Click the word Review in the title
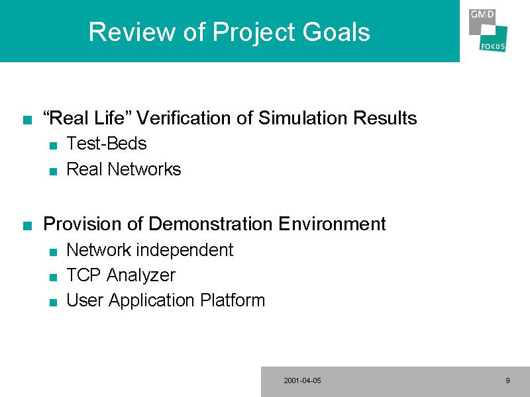click(132, 32)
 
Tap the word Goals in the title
click(336, 32)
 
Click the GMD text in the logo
click(482, 15)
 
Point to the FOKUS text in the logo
click(493, 46)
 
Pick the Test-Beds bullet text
click(107, 143)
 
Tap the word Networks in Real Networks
click(144, 169)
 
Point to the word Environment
click(333, 224)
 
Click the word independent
click(185, 250)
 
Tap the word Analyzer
click(141, 275)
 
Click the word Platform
click(233, 300)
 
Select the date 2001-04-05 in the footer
click(303, 380)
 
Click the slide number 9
click(507, 380)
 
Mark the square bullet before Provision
click(27, 226)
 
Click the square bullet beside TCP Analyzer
click(53, 277)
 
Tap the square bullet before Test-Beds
click(53, 146)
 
